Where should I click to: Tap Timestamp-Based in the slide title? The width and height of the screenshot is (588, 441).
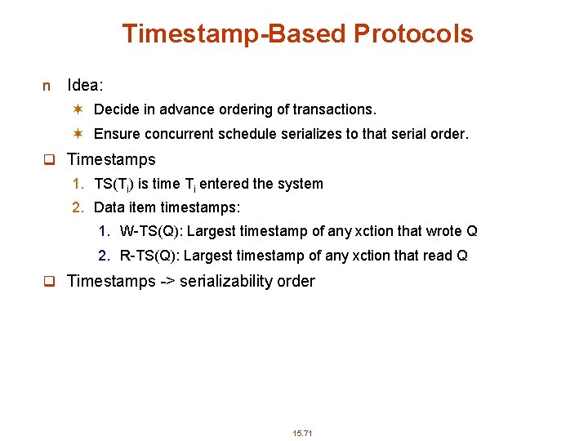pos(234,33)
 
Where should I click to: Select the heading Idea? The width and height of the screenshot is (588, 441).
pos(85,85)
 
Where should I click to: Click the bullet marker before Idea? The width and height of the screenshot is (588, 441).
pos(47,86)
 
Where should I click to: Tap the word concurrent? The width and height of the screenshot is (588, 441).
pos(181,134)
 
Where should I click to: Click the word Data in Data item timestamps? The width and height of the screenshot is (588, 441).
pos(109,207)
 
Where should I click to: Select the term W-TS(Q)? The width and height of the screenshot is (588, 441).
pos(152,232)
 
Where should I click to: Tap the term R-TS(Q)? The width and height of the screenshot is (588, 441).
pos(151,256)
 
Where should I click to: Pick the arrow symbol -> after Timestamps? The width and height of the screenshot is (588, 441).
pos(167,282)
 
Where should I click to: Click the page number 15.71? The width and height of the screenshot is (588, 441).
pos(302,432)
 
